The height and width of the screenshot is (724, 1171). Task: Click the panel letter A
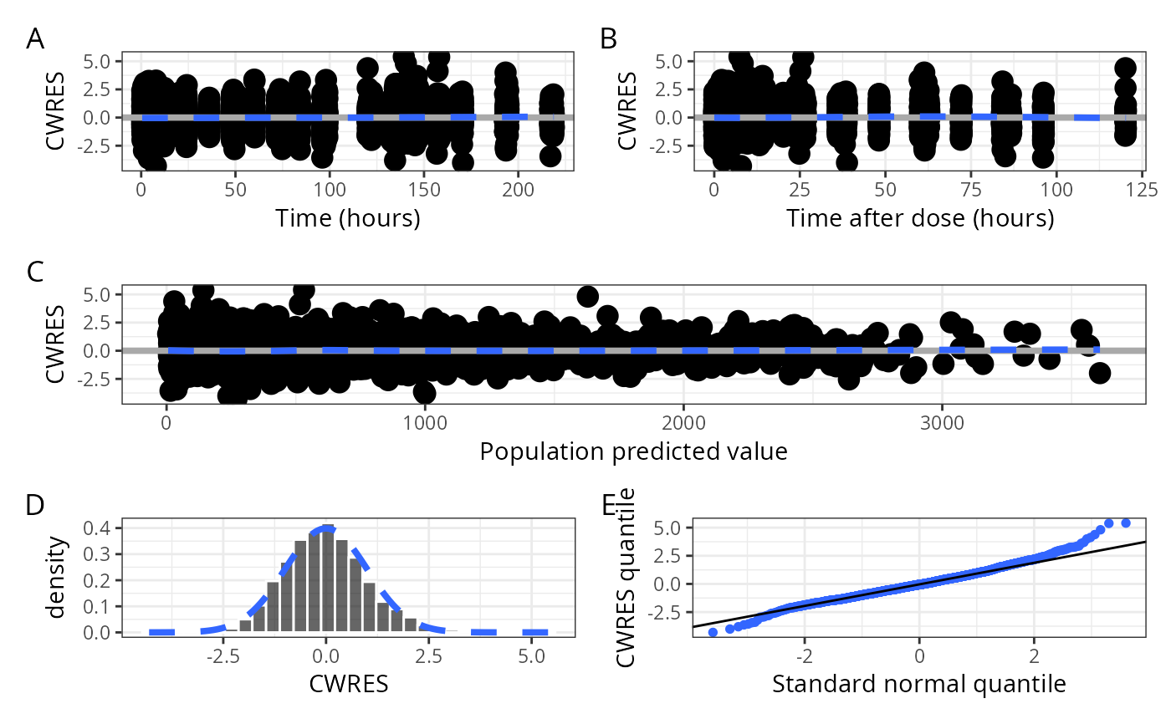[35, 39]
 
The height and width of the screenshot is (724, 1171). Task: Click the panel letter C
[35, 272]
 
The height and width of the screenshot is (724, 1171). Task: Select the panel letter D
[35, 505]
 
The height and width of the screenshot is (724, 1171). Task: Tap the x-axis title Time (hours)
[347, 219]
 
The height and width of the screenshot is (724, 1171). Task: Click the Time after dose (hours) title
[919, 219]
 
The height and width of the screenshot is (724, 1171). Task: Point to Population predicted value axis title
[633, 452]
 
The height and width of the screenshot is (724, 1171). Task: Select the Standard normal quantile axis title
[918, 685]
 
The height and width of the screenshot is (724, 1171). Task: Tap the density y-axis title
[56, 579]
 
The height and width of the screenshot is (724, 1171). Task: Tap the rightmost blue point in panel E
[1125, 523]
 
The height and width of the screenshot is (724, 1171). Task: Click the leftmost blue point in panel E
[713, 632]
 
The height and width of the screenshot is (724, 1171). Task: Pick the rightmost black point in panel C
[1099, 373]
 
